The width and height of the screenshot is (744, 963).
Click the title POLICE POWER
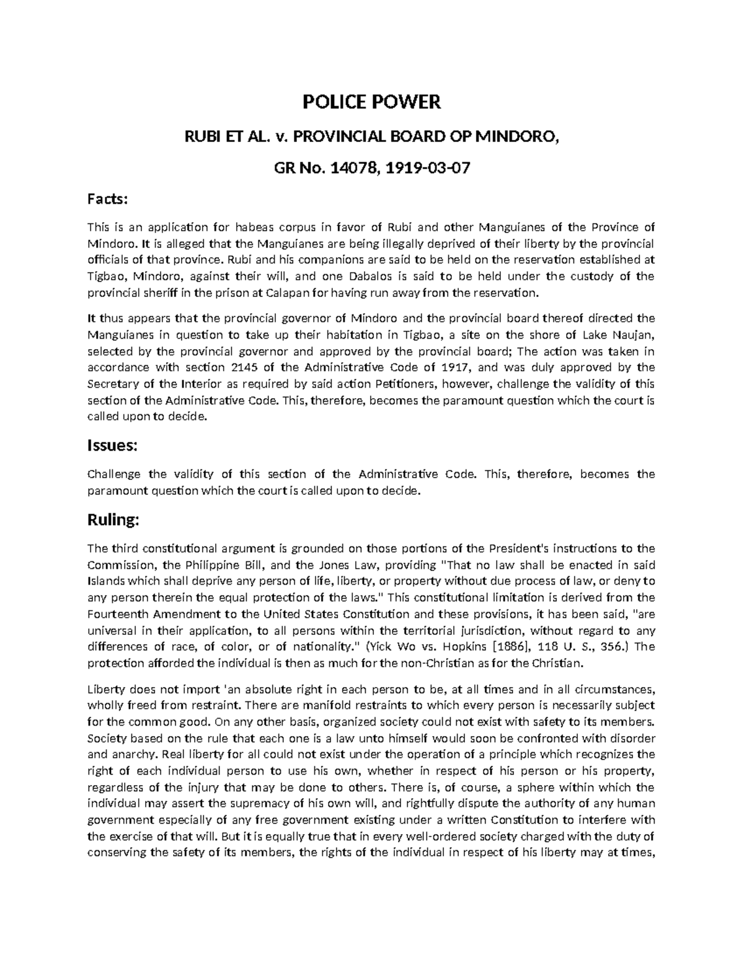point(371,102)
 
